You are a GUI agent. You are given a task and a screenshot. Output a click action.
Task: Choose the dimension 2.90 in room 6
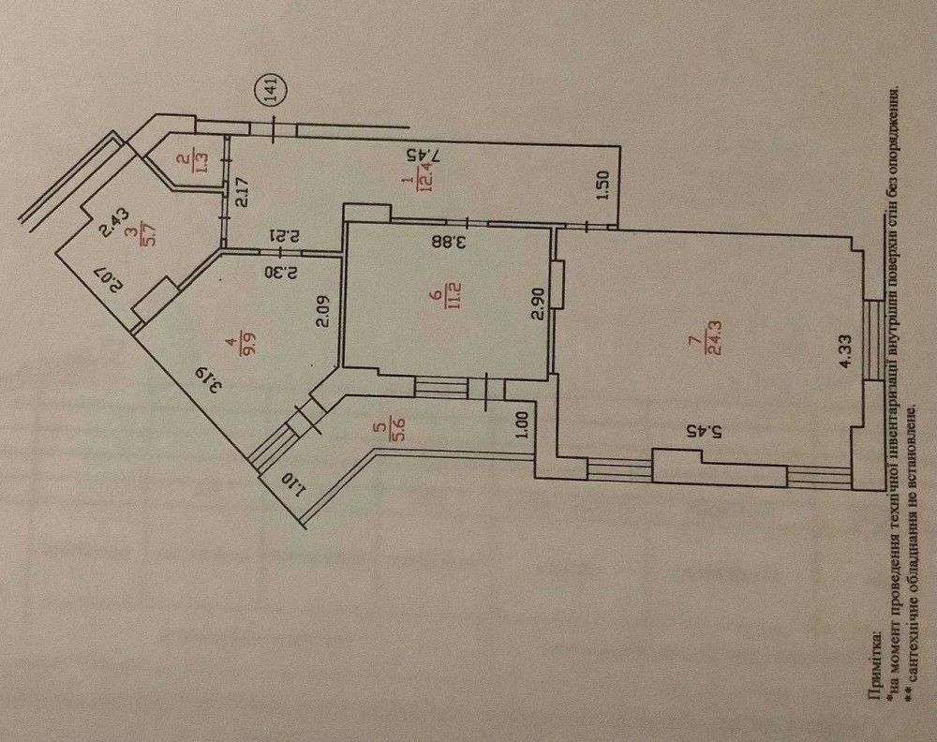click(x=539, y=304)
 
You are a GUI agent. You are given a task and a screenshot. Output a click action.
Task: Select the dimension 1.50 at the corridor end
click(x=602, y=186)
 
